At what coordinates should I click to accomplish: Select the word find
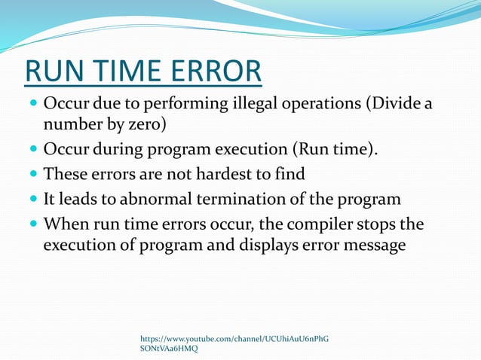(x=290, y=175)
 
